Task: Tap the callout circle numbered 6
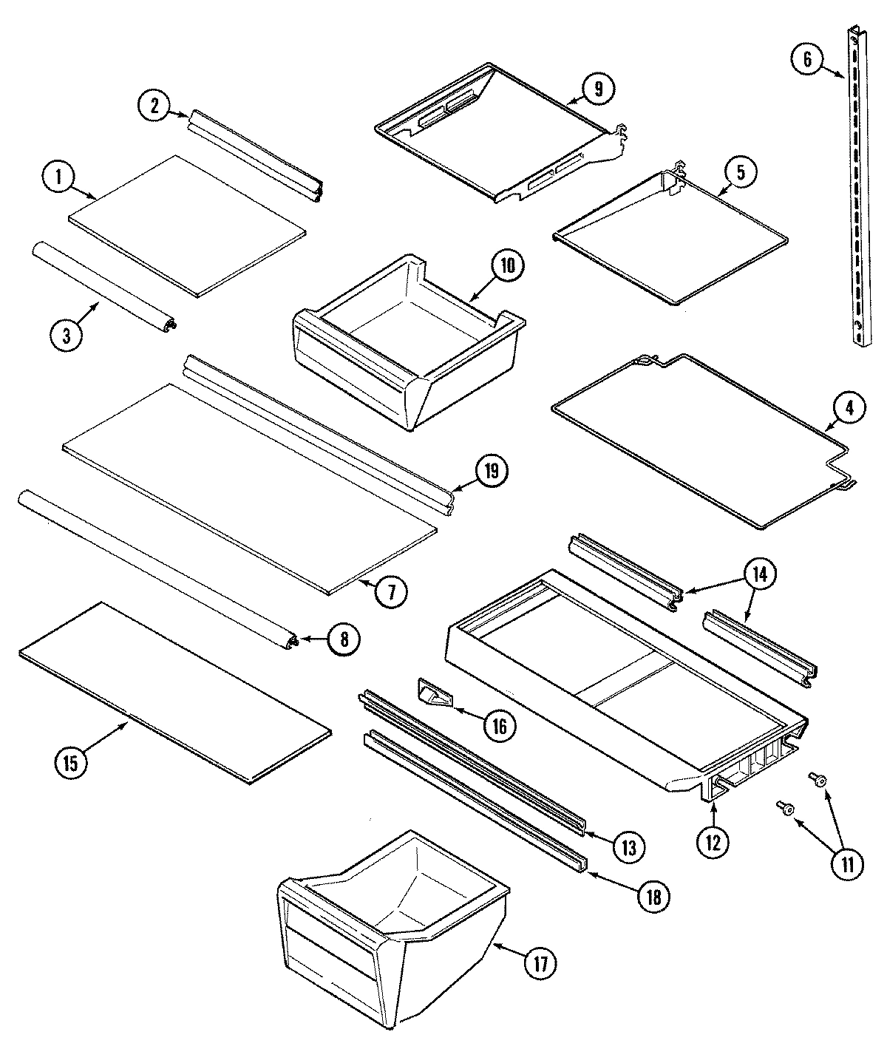[x=806, y=59]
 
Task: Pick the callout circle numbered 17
[x=543, y=964]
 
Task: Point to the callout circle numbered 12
[x=712, y=842]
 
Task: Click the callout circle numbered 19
[x=492, y=470]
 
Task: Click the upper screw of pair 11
[x=818, y=777]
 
